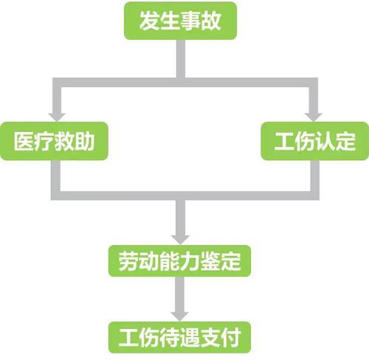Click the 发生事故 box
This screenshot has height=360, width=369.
point(180,21)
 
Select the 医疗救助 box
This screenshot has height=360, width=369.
point(54,141)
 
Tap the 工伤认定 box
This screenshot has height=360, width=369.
point(315,141)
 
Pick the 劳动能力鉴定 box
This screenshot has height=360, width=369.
point(179,261)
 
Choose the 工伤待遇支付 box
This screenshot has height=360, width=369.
point(179,337)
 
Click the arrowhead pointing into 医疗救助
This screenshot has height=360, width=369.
point(57,117)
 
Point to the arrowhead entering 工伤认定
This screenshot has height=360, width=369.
point(314,117)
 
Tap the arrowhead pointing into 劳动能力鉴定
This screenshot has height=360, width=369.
point(181,240)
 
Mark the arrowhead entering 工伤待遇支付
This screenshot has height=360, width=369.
point(180,316)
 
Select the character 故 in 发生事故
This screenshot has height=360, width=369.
point(211,21)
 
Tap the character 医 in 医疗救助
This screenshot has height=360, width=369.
point(24,141)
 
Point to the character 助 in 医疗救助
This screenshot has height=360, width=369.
point(84,141)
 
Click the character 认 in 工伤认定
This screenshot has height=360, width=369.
point(325,141)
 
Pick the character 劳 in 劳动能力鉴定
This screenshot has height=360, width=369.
point(128,261)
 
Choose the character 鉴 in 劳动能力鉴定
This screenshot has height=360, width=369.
point(210,261)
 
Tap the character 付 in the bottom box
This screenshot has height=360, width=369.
point(231,337)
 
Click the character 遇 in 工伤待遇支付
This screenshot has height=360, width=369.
point(190,337)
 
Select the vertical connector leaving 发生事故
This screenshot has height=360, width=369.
point(181,59)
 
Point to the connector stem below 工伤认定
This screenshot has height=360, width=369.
point(315,176)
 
